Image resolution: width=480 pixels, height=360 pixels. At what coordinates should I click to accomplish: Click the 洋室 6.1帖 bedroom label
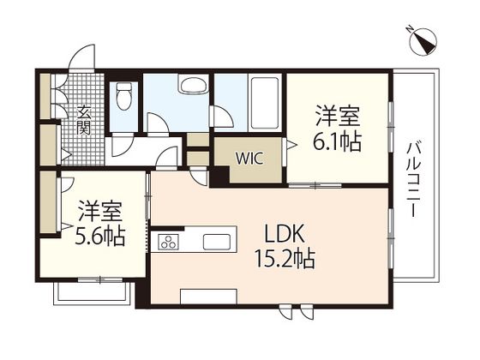point(336,128)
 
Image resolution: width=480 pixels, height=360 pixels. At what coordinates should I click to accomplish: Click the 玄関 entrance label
point(84,120)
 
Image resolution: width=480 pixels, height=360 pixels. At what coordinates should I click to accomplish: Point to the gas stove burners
point(167,242)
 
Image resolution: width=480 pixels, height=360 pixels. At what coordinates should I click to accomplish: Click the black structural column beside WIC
point(218,175)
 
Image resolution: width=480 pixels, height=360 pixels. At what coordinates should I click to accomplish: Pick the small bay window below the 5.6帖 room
point(92,291)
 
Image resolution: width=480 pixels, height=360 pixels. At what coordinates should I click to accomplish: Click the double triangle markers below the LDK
point(293,312)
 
